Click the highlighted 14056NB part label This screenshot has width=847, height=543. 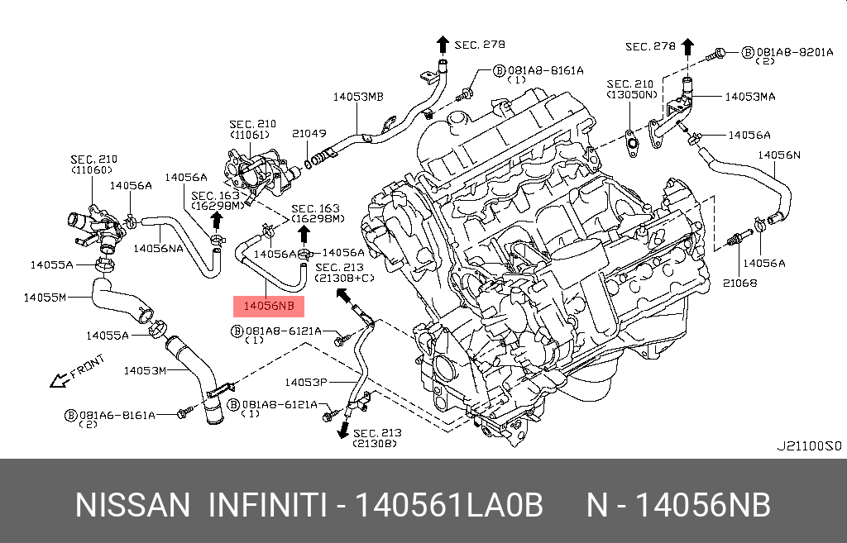(270, 307)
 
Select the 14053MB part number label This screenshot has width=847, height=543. (358, 97)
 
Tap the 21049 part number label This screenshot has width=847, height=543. (309, 133)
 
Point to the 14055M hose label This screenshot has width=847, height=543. (45, 297)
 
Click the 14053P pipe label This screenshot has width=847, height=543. (307, 382)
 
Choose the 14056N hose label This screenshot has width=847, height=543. (779, 155)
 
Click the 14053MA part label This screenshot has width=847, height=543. (750, 97)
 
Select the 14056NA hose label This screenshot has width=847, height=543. (159, 247)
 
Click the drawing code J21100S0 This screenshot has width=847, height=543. (807, 445)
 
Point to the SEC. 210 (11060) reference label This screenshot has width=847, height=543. (93, 164)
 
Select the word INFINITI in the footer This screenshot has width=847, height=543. (266, 505)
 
